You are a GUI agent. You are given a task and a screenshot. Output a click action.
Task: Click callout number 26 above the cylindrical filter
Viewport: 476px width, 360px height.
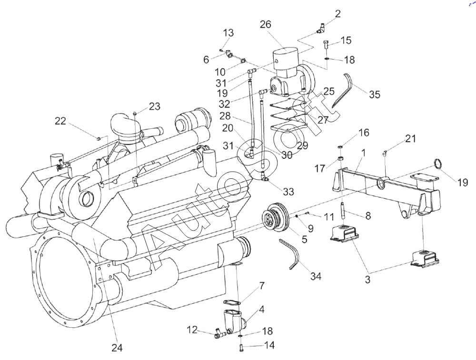266,25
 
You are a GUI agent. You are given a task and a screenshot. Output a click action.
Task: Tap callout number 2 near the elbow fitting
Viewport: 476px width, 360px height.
338,13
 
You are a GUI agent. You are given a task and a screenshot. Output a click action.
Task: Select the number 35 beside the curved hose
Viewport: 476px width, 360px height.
375,94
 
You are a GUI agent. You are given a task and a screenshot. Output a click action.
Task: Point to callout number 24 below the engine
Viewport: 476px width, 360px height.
117,348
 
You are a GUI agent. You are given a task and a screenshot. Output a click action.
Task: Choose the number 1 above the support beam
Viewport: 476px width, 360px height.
363,153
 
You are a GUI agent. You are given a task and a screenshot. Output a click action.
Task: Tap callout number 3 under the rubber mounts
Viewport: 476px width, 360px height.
367,280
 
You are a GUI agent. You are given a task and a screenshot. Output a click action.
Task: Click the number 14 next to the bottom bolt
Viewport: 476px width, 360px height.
269,346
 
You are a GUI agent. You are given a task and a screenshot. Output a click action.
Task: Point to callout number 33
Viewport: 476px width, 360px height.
288,192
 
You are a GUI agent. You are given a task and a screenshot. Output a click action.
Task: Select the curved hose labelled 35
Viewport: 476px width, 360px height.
344,90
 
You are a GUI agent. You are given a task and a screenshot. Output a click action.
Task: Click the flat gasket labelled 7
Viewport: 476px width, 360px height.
233,303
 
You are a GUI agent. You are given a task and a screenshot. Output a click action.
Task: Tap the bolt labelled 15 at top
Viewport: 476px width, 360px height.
326,45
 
